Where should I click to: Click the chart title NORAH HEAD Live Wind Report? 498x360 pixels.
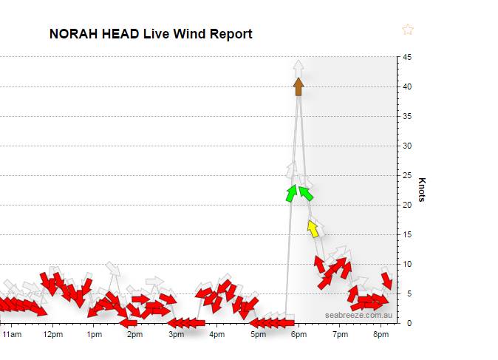[151, 34]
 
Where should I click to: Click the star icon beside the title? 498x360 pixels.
[408, 30]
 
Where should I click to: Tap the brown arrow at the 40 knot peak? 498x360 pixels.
[299, 86]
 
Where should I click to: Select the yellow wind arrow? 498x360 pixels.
[313, 229]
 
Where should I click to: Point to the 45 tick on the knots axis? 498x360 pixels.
[407, 58]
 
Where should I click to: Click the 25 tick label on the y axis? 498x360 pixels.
[407, 175]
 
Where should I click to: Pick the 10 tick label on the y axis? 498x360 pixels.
[407, 264]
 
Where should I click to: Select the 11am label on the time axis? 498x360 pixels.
[12, 335]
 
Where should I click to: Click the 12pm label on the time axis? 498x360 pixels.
[53, 335]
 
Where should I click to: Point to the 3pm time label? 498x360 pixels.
[176, 335]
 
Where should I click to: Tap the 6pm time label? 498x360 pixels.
[299, 335]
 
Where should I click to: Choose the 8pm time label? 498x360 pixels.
[381, 335]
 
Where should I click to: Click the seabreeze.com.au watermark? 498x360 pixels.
[358, 315]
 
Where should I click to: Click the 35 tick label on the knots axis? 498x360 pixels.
[407, 116]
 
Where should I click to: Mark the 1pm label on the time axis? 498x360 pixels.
[94, 335]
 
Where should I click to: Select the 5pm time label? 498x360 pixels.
[258, 335]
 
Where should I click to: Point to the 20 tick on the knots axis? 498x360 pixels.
[407, 205]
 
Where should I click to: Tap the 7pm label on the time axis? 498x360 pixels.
[340, 335]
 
